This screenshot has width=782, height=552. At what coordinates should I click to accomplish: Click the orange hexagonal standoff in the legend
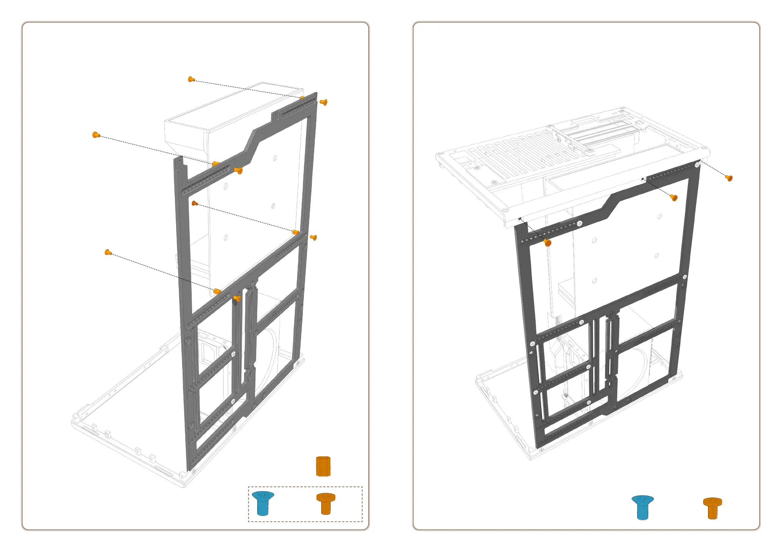click(323, 466)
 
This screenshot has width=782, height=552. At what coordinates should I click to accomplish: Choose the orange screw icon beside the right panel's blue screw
click(713, 508)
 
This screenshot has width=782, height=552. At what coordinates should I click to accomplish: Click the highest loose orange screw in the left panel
click(191, 79)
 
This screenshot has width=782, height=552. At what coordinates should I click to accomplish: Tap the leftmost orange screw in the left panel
click(96, 134)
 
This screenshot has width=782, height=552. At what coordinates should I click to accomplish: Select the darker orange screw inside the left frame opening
click(195, 203)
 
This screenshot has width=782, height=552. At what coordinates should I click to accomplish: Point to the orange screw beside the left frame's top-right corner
click(324, 102)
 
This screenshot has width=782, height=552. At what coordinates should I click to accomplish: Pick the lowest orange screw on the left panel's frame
click(237, 299)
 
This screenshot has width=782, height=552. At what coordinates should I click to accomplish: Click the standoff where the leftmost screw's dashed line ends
click(216, 164)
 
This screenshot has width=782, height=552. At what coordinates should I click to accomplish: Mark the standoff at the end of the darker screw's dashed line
click(296, 232)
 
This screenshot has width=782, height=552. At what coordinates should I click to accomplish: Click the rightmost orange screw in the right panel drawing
click(729, 178)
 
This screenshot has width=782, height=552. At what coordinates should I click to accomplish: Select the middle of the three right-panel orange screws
click(674, 197)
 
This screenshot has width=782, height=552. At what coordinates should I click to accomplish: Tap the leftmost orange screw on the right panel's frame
click(547, 242)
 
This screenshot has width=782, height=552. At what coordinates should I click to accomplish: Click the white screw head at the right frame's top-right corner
click(697, 164)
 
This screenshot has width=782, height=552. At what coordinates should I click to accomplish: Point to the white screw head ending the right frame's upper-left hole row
click(580, 224)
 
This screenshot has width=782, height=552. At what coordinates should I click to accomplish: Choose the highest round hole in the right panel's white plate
click(660, 216)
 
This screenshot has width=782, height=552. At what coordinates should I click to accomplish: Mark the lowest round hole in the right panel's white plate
click(594, 281)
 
